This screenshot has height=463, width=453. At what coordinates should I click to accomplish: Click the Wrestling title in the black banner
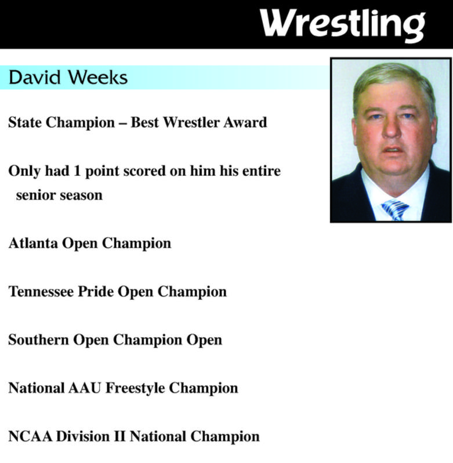[342, 26]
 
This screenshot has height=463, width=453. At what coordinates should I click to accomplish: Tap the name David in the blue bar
[35, 77]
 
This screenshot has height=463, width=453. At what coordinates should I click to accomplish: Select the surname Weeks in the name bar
[98, 77]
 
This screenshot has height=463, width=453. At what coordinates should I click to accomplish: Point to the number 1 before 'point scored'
[77, 171]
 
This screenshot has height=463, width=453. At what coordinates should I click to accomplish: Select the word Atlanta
[33, 243]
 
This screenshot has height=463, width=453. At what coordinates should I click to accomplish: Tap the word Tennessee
[41, 291]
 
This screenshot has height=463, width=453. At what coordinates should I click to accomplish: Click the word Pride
[96, 291]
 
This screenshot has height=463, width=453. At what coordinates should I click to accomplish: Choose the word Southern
[38, 339]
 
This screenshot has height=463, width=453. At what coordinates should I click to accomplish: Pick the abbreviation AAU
[85, 388]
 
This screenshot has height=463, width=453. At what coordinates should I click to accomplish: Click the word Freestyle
[135, 389]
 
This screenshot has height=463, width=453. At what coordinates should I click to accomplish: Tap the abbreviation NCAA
[30, 436]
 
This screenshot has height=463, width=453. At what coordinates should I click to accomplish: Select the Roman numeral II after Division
[119, 436]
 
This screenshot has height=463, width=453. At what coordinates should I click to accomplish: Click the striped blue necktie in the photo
[395, 209]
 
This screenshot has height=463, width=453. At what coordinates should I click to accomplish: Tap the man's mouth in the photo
[393, 150]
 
